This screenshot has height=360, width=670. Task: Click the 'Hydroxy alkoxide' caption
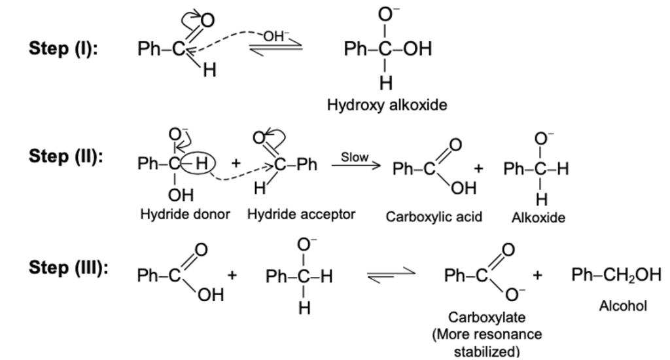coord(387,105)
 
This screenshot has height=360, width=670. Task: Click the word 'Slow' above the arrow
coord(355,157)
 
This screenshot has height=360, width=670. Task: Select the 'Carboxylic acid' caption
coord(434,217)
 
